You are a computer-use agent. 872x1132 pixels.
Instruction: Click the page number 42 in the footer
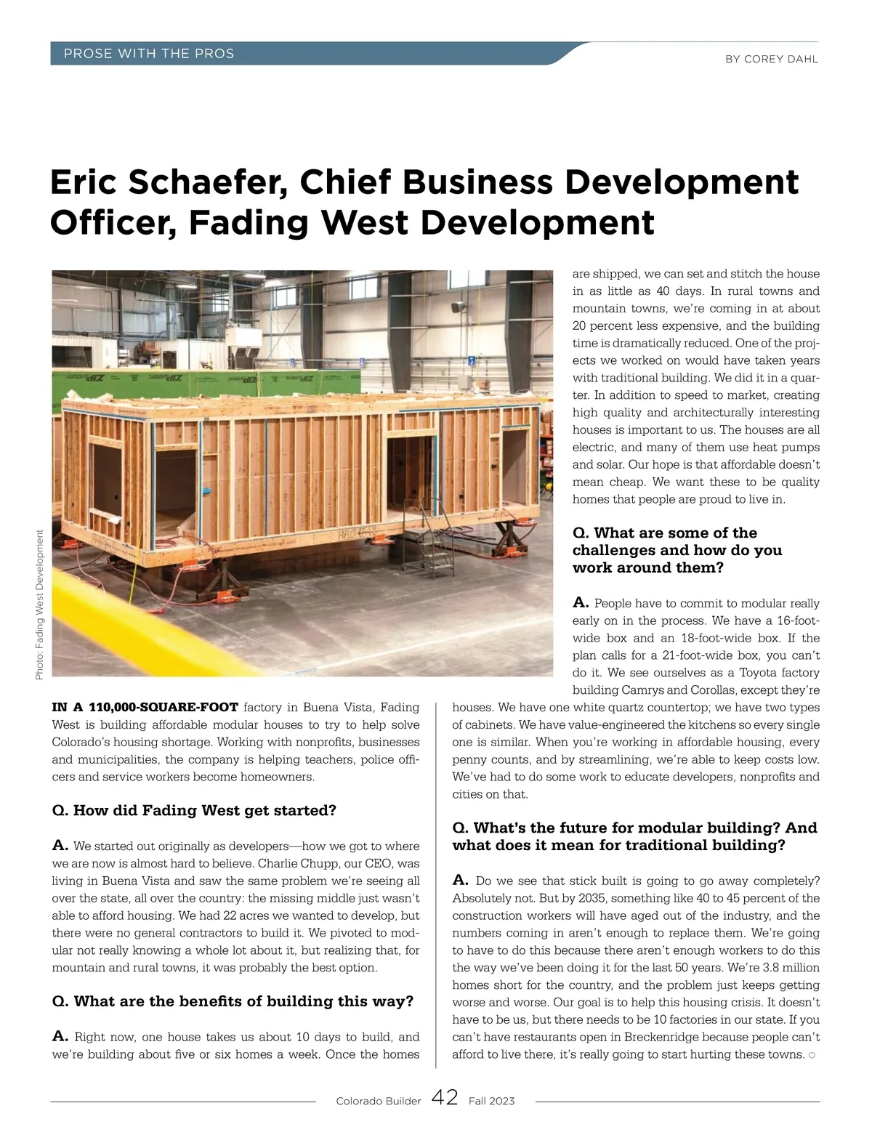[445, 1098]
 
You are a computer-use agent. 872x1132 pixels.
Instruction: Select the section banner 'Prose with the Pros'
[149, 54]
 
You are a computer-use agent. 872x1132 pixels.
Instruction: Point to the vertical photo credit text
[39, 605]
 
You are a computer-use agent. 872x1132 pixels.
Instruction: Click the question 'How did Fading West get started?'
[195, 810]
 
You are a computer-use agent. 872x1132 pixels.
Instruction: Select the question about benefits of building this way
[233, 1001]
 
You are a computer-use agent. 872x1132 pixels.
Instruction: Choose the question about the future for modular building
[634, 836]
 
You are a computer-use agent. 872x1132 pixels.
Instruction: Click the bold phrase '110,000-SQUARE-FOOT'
[163, 707]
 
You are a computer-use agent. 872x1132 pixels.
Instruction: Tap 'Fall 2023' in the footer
[491, 1101]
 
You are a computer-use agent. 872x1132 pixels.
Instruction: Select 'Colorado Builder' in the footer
[378, 1101]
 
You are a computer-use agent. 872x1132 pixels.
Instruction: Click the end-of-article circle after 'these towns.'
[812, 1055]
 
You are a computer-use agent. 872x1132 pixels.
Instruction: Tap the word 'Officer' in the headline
[113, 222]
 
